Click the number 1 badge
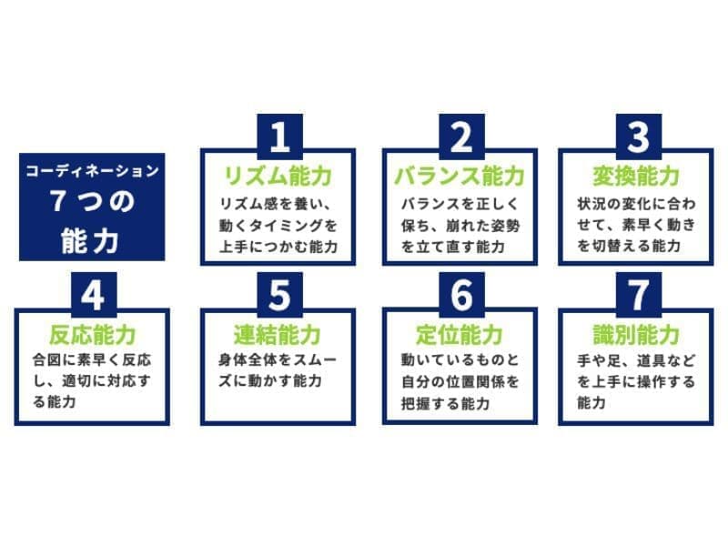pos(279,136)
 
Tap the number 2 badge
pos(461,136)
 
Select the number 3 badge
pos(639,136)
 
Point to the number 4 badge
pos(94,295)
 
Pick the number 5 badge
pos(279,295)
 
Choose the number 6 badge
pos(461,295)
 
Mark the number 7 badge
pos(639,295)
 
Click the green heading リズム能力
pos(278,176)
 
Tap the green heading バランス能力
pos(460,176)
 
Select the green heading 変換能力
pos(636,176)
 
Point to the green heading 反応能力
pos(93,335)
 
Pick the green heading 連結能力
pos(278,335)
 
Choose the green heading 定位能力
pos(460,335)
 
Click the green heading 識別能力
pos(636,335)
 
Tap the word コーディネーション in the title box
pos(92,171)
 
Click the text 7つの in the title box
pos(92,201)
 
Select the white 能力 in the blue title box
pos(90,240)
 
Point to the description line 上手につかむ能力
pos(278,247)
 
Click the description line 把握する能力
pos(445,403)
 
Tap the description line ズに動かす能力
pos(270,380)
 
